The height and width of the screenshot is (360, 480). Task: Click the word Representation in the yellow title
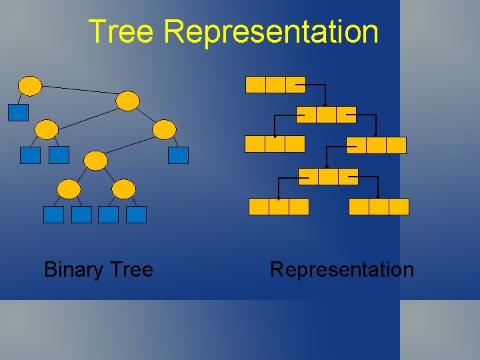tap(271, 31)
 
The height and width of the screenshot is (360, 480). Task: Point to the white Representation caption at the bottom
tap(342, 269)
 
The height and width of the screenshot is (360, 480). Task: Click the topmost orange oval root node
tap(30, 85)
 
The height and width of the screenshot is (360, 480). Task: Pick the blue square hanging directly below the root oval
tap(18, 112)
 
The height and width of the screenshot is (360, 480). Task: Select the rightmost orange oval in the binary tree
tap(165, 129)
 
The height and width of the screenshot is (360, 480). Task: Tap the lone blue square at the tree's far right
tap(179, 155)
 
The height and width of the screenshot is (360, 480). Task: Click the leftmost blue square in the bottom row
tap(53, 214)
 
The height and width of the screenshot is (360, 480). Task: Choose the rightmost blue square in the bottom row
tap(136, 214)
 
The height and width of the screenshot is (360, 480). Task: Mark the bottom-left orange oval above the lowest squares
tap(69, 189)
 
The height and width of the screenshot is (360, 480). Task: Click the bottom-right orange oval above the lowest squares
tap(123, 189)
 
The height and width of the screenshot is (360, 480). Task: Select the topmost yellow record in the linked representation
tap(275, 85)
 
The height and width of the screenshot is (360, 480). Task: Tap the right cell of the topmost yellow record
tap(295, 85)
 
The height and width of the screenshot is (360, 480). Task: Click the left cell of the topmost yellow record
tap(255, 85)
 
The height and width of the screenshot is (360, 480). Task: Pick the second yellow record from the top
tap(326, 115)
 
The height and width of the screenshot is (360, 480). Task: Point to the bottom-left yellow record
tap(279, 207)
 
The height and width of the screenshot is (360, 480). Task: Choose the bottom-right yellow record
tap(379, 207)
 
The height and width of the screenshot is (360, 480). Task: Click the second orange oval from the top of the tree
tap(128, 101)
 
